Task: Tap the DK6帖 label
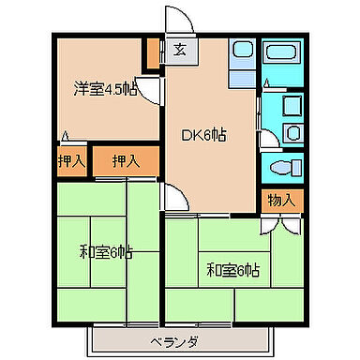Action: (203, 133)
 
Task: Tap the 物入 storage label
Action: (282, 199)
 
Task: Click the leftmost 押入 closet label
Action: (69, 161)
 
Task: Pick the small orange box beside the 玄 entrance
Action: (152, 54)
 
